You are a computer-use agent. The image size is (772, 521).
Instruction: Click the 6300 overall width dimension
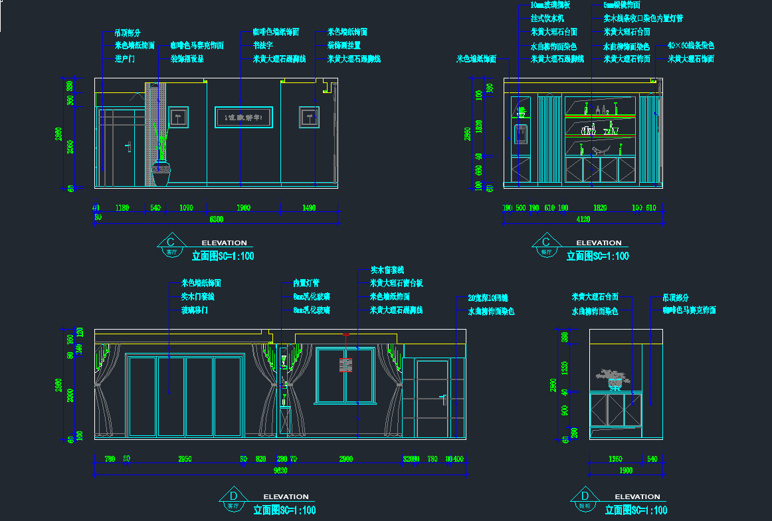tap(217, 219)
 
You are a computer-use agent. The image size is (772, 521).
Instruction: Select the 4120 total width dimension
tap(583, 219)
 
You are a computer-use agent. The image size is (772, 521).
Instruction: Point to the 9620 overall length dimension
tap(280, 471)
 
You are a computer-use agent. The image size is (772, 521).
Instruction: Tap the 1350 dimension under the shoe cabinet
tap(616, 459)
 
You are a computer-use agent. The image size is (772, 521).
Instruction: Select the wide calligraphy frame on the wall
tap(243, 117)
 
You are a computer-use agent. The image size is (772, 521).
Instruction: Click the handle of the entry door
tap(126, 147)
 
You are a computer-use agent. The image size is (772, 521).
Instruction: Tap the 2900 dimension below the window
tap(345, 459)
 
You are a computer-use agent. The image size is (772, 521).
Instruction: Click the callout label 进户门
tap(125, 59)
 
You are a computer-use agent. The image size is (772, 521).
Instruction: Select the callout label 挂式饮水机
tap(547, 18)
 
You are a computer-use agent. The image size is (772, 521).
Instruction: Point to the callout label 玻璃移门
tap(195, 310)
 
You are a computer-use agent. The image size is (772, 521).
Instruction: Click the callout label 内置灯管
tap(306, 283)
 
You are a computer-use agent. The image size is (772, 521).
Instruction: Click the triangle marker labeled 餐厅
tap(546, 247)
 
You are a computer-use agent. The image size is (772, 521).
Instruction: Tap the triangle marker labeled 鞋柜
tap(585, 500)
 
